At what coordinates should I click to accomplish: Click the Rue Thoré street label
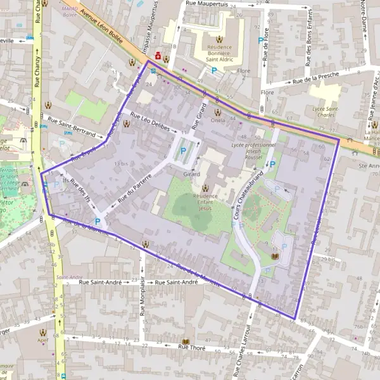(x=193, y=346)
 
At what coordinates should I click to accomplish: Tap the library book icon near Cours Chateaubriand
(x=274, y=256)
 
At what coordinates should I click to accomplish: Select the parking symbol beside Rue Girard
(x=184, y=151)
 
